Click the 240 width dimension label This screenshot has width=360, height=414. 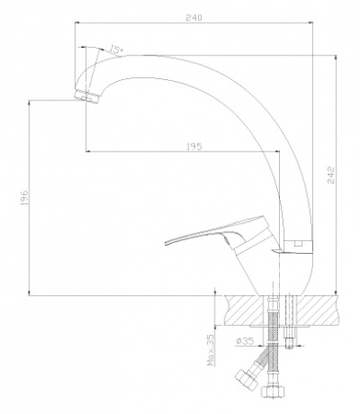tap(194, 17)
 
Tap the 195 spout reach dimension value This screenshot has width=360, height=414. tap(194, 146)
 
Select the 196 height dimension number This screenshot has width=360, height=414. tap(24, 198)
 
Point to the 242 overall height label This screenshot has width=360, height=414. tap(331, 175)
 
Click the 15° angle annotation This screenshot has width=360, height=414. tap(116, 49)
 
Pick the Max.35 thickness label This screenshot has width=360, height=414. tap(211, 351)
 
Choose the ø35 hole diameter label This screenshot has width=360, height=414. tap(245, 340)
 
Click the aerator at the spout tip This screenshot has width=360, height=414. tap(87, 96)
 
